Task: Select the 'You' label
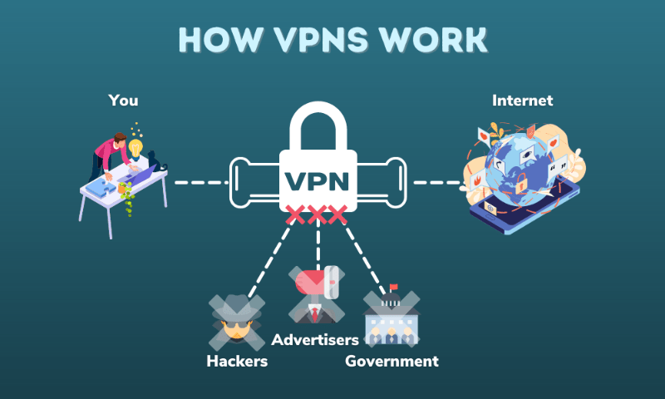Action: (x=123, y=101)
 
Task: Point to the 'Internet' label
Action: (x=523, y=101)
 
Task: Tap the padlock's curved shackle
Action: (x=318, y=125)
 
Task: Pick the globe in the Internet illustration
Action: (x=519, y=166)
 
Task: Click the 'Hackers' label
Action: (x=237, y=362)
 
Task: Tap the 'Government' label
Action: (x=392, y=362)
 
